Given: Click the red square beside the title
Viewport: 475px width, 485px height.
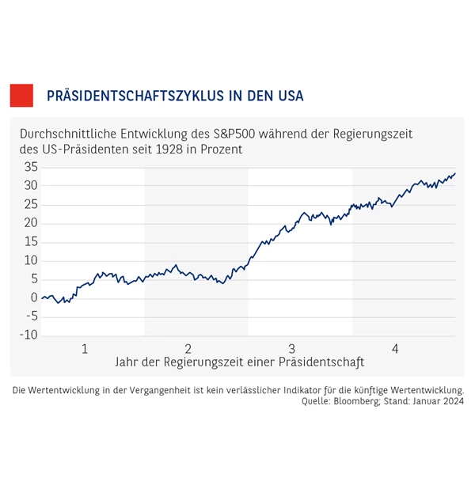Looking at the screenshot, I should point(21,95).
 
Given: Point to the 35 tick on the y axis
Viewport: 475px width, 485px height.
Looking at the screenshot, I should point(31,167).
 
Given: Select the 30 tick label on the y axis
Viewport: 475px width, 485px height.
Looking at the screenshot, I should point(31,186).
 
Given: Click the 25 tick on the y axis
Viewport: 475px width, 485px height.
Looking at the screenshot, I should point(31,204).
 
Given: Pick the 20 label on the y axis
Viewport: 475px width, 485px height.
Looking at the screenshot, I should point(31,223).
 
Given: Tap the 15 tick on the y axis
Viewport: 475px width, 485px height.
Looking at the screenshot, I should point(31,241).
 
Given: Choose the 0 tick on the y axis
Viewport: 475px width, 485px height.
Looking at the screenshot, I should point(34,297).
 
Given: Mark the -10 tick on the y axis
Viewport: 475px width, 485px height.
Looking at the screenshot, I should point(29,335).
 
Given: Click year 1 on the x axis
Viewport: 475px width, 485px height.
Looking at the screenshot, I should point(85,349).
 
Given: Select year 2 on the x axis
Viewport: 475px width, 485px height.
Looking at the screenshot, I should point(188,349).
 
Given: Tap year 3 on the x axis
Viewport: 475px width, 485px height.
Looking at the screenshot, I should point(292,349).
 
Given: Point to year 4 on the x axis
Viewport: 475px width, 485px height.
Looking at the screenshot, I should point(395,349).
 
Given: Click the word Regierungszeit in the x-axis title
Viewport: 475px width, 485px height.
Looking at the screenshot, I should point(202,362).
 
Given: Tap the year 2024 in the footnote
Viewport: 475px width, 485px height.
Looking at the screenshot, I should point(451,401).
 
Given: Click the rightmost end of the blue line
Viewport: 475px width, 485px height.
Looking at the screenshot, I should point(455,173).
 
